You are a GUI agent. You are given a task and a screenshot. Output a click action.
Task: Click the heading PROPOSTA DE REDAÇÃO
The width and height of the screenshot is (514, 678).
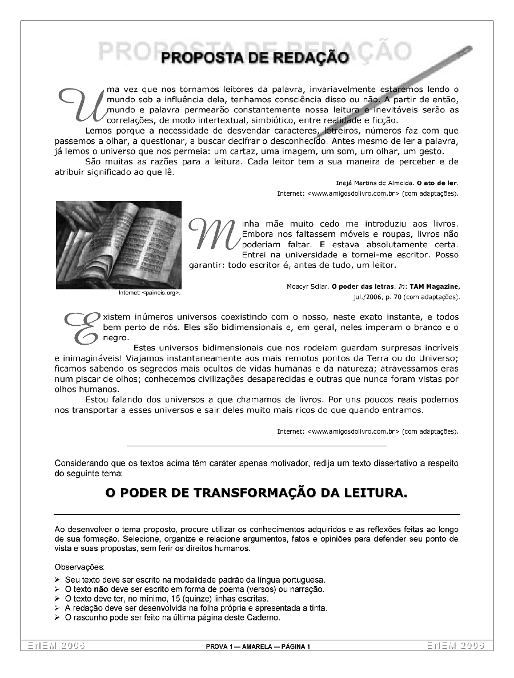tap(255, 58)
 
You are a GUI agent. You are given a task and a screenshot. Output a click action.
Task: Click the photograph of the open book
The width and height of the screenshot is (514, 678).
tap(118, 245)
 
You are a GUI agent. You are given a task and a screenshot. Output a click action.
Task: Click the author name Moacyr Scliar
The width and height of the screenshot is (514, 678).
tap(307, 286)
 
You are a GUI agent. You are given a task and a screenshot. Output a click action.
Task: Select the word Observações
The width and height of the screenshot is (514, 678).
tap(79, 567)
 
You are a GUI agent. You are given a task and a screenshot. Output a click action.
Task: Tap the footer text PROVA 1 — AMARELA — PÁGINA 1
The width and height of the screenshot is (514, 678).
tap(258, 647)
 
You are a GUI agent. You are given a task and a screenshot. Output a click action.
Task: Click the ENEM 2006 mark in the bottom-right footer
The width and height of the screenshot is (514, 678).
tap(455, 645)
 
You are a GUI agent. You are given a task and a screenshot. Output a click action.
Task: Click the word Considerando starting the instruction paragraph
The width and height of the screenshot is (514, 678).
tap(81, 463)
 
